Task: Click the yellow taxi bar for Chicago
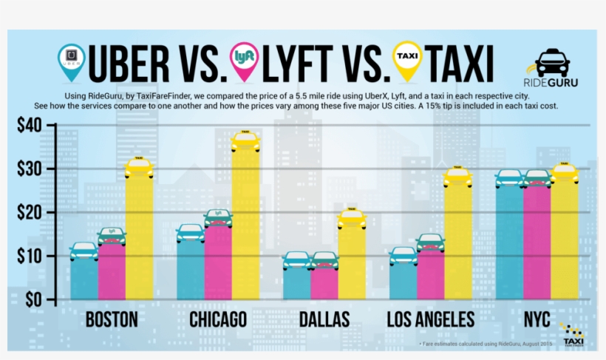(x=246, y=222)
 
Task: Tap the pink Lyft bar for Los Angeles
(x=430, y=274)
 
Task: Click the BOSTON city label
(x=111, y=320)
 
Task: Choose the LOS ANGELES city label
(x=431, y=320)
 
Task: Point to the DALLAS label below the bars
(x=324, y=320)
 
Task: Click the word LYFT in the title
(x=311, y=65)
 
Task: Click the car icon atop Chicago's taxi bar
(x=246, y=140)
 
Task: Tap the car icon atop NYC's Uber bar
(x=509, y=178)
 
